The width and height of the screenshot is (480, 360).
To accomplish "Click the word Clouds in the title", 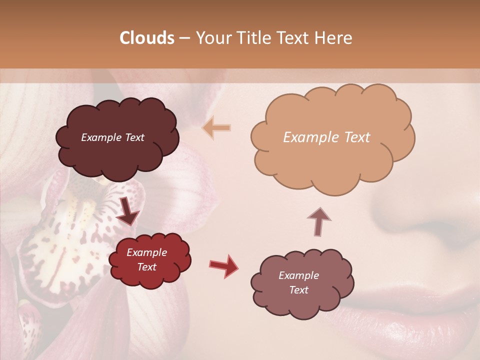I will [x=147, y=38].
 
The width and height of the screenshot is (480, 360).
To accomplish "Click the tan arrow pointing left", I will [x=216, y=128].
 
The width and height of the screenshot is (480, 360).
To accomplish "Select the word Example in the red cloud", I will [x=147, y=252].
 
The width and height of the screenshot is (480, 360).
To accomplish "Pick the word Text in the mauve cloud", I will [x=299, y=290].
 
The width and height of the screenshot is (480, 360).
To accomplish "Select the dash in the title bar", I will [x=184, y=38].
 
